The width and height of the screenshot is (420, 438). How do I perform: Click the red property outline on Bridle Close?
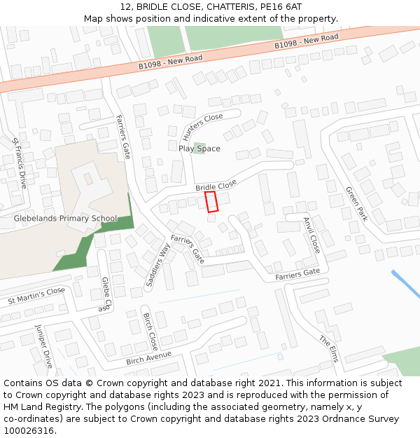211,201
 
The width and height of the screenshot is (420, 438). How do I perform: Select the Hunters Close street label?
202,127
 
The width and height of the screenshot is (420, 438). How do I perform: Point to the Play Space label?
199,149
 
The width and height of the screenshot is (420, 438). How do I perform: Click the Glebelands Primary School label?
66,219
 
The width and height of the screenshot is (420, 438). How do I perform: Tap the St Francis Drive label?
19,163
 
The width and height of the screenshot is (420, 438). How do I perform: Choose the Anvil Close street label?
311,234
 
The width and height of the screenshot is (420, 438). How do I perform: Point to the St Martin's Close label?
36,295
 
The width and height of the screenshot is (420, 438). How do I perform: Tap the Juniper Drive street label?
43,346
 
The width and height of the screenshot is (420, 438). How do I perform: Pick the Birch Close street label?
150,331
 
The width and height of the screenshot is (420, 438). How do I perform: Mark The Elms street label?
329,348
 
